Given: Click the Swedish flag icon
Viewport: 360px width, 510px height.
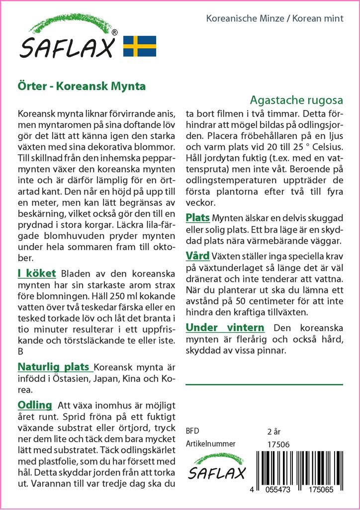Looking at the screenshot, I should [x=140, y=46].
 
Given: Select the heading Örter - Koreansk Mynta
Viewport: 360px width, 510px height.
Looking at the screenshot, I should [x=82, y=86].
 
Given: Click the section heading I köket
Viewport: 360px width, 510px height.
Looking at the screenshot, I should [x=37, y=273].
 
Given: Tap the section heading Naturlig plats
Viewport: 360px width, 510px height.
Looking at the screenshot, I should [x=55, y=368].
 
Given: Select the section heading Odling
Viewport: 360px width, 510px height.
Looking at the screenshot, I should [x=35, y=404].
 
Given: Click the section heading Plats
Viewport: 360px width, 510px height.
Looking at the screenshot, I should [x=198, y=218].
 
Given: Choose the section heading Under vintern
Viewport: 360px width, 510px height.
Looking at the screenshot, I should [x=225, y=328].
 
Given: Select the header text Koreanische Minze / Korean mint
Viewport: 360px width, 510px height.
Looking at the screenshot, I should [x=274, y=19].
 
